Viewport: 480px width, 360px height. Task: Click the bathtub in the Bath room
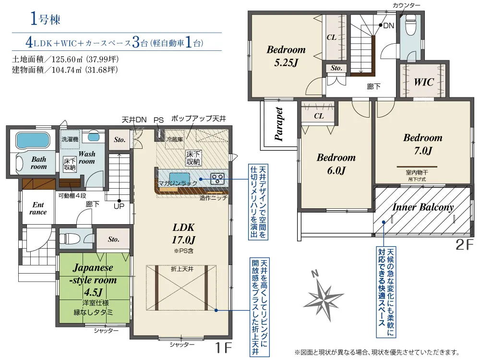pyautogui.click(x=33, y=141)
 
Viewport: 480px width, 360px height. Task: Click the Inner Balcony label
pyautogui.click(x=422, y=207)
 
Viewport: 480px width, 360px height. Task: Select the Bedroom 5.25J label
pyautogui.click(x=286, y=56)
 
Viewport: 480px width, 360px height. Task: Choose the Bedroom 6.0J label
pyautogui.click(x=336, y=164)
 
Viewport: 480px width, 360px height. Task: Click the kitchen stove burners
pyautogui.click(x=217, y=179)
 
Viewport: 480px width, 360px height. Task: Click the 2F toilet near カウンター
pyautogui.click(x=411, y=27)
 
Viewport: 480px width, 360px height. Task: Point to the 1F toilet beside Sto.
pyautogui.click(x=70, y=237)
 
